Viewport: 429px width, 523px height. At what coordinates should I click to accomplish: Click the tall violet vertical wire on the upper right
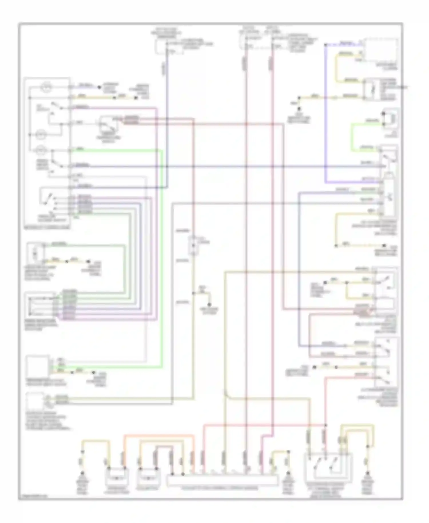click(325, 114)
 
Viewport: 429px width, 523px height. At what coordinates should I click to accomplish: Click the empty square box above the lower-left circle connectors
click(37, 366)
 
